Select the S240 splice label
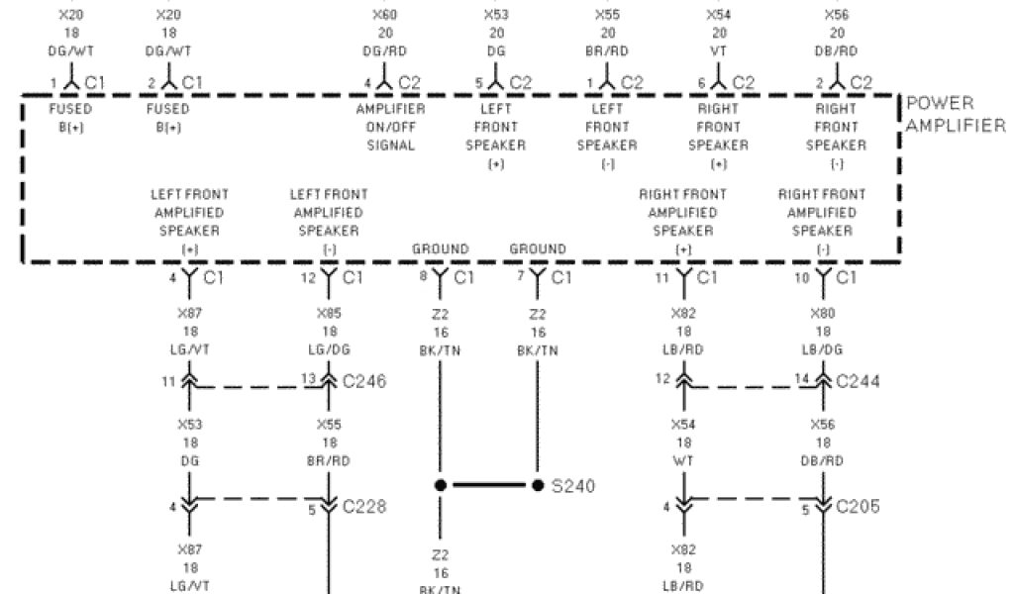pyautogui.click(x=573, y=486)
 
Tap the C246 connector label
pyautogui.click(x=363, y=381)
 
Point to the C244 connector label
pyautogui.click(x=859, y=381)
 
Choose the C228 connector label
pyautogui.click(x=363, y=507)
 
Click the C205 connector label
pyautogui.click(x=859, y=507)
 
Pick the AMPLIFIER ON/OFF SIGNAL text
pyautogui.click(x=390, y=127)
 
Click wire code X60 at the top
pyautogui.click(x=384, y=16)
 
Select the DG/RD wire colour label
pyautogui.click(x=384, y=49)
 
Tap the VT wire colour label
pyautogui.click(x=719, y=49)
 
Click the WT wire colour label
pyautogui.click(x=683, y=461)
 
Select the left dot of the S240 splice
pyautogui.click(x=440, y=486)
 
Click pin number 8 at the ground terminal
pyautogui.click(x=423, y=275)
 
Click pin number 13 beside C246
pyautogui.click(x=307, y=378)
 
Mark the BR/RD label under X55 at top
pyautogui.click(x=607, y=49)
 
